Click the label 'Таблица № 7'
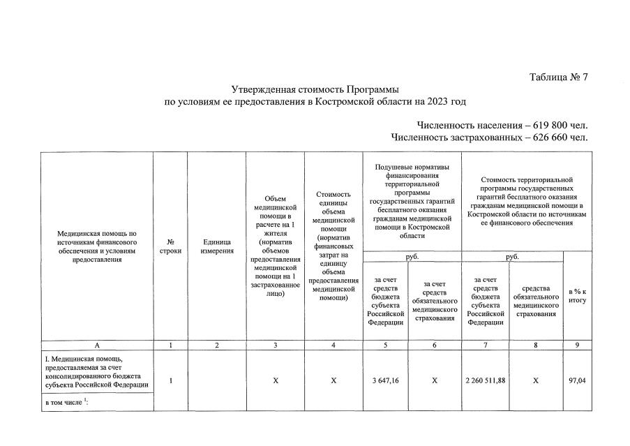558,77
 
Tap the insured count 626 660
550,137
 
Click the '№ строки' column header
170,246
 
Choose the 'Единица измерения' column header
216,246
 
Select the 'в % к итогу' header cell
577,295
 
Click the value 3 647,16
386,380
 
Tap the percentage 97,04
577,380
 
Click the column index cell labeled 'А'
97,345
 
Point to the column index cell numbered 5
386,345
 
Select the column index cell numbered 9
577,345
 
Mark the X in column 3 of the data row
276,380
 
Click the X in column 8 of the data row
536,380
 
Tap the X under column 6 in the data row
435,380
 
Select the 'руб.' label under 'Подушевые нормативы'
412,256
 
